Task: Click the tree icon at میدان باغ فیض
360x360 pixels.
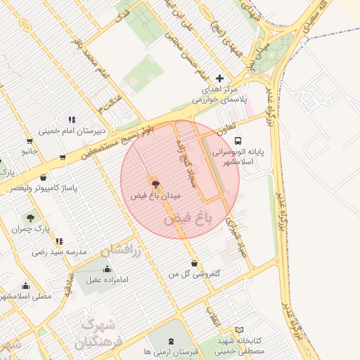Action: click(x=155, y=185)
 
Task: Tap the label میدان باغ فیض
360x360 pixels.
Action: click(x=155, y=195)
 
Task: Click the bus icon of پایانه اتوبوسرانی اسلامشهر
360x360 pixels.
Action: click(x=238, y=140)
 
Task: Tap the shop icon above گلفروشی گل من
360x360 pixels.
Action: click(x=194, y=263)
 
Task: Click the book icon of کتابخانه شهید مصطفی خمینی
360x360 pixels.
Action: click(x=239, y=330)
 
